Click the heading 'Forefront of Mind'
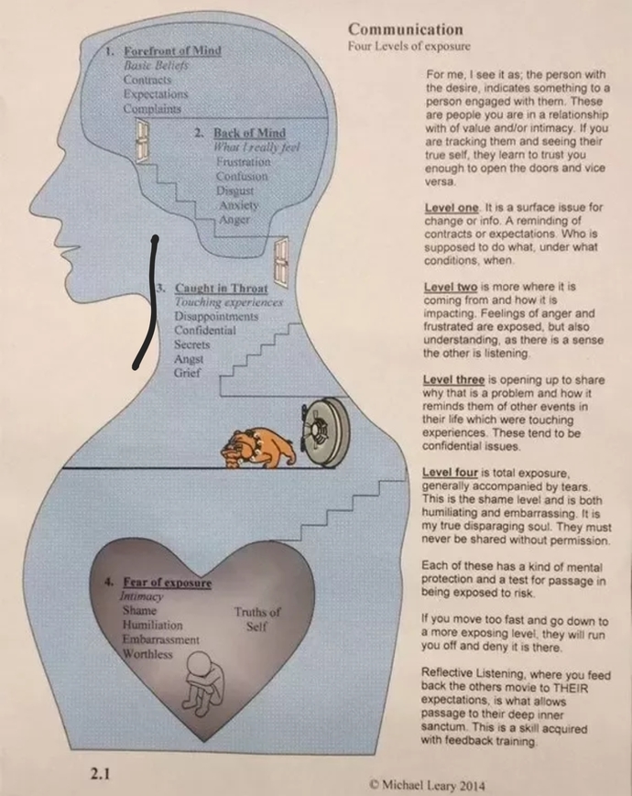pyautogui.click(x=172, y=50)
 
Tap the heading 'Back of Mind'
pyautogui.click(x=249, y=133)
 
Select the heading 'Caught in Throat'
pyautogui.click(x=221, y=289)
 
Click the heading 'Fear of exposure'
pyautogui.click(x=167, y=583)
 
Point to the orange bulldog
pyautogui.click(x=257, y=448)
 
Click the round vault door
pyautogui.click(x=324, y=431)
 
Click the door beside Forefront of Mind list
pyautogui.click(x=143, y=141)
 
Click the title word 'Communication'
pyautogui.click(x=406, y=29)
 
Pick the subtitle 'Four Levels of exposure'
pyautogui.click(x=409, y=46)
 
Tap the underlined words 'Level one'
pyautogui.click(x=452, y=208)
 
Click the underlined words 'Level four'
pyautogui.click(x=450, y=473)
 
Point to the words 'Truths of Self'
pyautogui.click(x=256, y=619)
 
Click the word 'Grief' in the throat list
pyautogui.click(x=187, y=373)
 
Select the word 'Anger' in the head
pyautogui.click(x=234, y=220)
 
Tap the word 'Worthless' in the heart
pyautogui.click(x=147, y=654)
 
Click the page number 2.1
pyautogui.click(x=100, y=774)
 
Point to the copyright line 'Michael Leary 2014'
pyautogui.click(x=428, y=785)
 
